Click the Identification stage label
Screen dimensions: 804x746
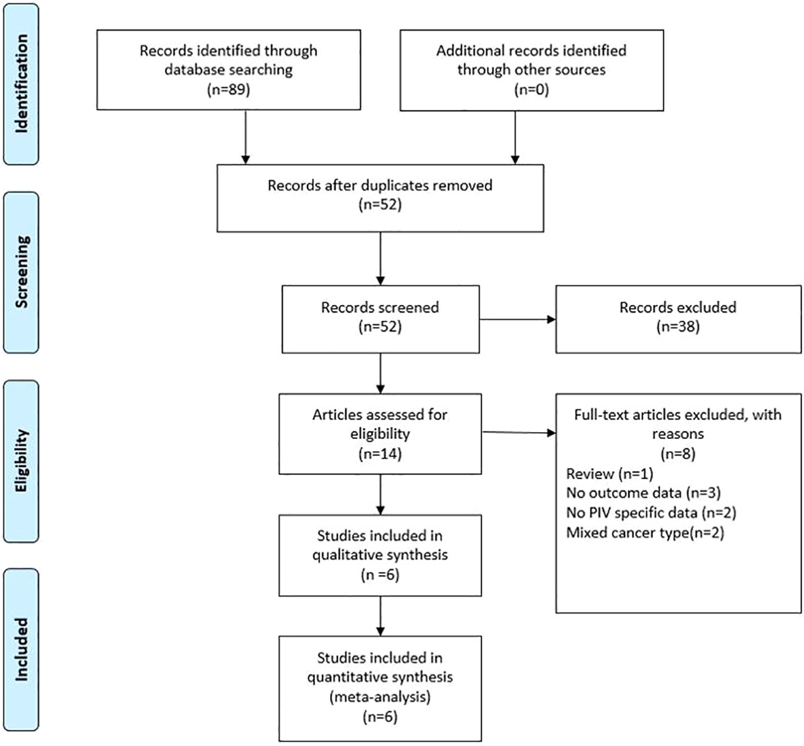click(x=22, y=84)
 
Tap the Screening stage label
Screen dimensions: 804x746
click(x=22, y=272)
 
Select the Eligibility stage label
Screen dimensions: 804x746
click(x=22, y=461)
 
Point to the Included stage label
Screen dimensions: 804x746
click(x=22, y=649)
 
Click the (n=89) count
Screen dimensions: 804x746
click(x=228, y=89)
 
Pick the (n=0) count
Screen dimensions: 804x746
click(x=531, y=89)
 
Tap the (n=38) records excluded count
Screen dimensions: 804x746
click(x=678, y=326)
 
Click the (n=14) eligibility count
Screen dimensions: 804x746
click(x=380, y=454)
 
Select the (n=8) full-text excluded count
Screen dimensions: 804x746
click(x=678, y=454)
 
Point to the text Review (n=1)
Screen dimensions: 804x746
click(x=609, y=474)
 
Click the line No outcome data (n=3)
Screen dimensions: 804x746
click(x=643, y=493)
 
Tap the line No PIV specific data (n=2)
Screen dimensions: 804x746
click(x=651, y=513)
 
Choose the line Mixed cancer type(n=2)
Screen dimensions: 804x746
click(x=645, y=532)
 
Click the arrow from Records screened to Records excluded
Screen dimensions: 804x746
click(x=517, y=319)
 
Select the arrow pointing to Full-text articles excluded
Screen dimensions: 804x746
click(x=519, y=433)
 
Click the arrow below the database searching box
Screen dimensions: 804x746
click(x=245, y=137)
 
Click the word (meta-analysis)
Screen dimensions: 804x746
click(x=380, y=696)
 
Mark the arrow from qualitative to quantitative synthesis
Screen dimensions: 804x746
click(x=380, y=616)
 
